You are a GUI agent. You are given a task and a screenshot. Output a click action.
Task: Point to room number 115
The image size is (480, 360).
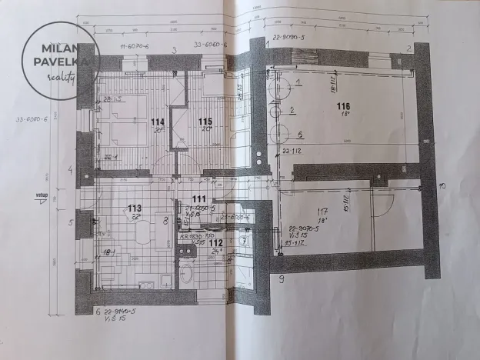click(x=204, y=122)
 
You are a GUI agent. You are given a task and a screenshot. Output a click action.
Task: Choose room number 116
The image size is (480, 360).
click(x=342, y=106)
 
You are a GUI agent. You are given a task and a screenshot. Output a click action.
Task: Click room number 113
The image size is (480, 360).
click(x=135, y=208)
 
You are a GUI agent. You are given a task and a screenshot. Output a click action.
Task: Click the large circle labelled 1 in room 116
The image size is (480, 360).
click(x=280, y=86)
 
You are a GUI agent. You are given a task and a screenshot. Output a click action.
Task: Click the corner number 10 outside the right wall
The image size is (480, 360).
click(x=442, y=185)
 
